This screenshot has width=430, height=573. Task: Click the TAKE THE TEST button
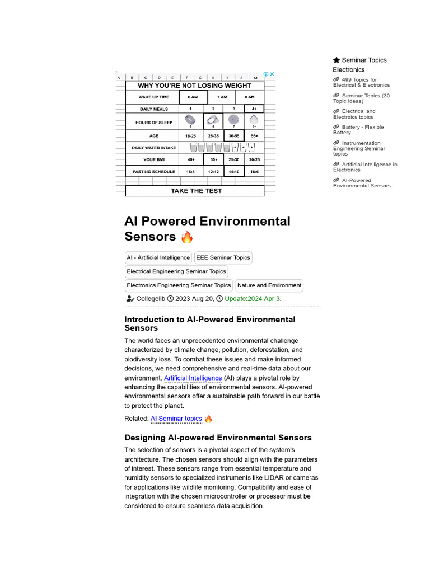point(195,191)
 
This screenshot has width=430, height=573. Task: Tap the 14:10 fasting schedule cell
point(233,172)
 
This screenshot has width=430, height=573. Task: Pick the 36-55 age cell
point(233,136)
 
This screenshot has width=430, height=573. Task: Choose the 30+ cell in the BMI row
point(213,159)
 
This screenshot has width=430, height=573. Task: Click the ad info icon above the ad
point(267,74)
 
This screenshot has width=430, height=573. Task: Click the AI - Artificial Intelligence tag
point(158,258)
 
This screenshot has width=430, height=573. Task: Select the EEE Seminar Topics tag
point(223,258)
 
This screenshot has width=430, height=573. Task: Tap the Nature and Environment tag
point(269,285)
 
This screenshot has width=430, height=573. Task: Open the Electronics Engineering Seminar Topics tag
point(179,285)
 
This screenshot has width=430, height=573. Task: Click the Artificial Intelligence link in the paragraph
point(193,378)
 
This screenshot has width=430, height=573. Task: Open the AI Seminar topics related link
point(176,419)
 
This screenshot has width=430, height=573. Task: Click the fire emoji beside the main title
point(186,237)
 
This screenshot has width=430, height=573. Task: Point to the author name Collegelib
point(151,299)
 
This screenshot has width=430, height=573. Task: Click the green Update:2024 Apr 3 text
point(252,299)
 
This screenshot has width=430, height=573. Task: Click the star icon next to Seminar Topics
point(336,60)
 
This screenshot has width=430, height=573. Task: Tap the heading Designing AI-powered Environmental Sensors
point(218,438)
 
